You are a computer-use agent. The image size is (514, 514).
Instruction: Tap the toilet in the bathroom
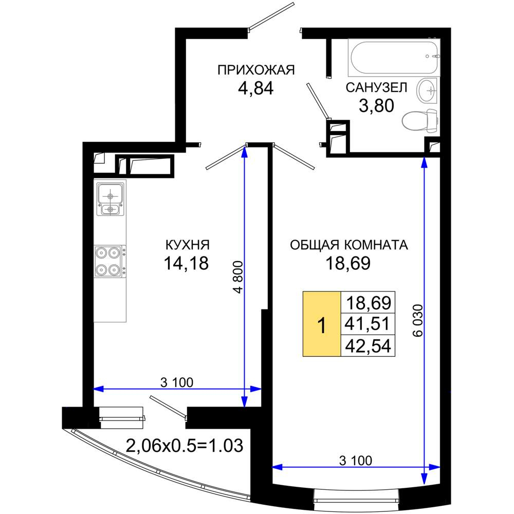[x=420, y=121]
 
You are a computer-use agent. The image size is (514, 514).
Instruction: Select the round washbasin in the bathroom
[x=427, y=90]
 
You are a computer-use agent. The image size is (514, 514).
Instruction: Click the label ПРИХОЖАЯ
[x=256, y=70]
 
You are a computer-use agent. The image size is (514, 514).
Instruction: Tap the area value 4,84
[x=255, y=88]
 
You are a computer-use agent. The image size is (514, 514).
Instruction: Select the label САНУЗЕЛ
[x=376, y=87]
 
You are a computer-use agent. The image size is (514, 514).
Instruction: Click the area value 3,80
[x=376, y=105]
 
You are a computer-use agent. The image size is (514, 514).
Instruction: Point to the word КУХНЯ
[x=187, y=245]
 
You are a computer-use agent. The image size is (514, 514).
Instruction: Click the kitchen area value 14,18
[x=186, y=263]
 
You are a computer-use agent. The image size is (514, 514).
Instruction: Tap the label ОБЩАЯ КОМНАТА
[x=349, y=245]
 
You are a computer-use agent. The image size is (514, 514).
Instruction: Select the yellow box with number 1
[x=322, y=323]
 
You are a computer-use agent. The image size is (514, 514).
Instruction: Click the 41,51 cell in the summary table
[x=368, y=323]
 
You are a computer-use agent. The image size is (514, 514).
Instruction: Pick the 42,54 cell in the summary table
[x=368, y=345]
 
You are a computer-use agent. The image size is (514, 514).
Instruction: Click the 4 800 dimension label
[x=237, y=277]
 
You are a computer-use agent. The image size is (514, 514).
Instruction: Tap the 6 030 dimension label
[x=418, y=321]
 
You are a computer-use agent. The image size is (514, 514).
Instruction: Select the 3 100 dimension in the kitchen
[x=177, y=382]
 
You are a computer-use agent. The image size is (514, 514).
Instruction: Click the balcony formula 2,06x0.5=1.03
[x=185, y=446]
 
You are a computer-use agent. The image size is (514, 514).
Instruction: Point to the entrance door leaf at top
[x=271, y=17]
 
